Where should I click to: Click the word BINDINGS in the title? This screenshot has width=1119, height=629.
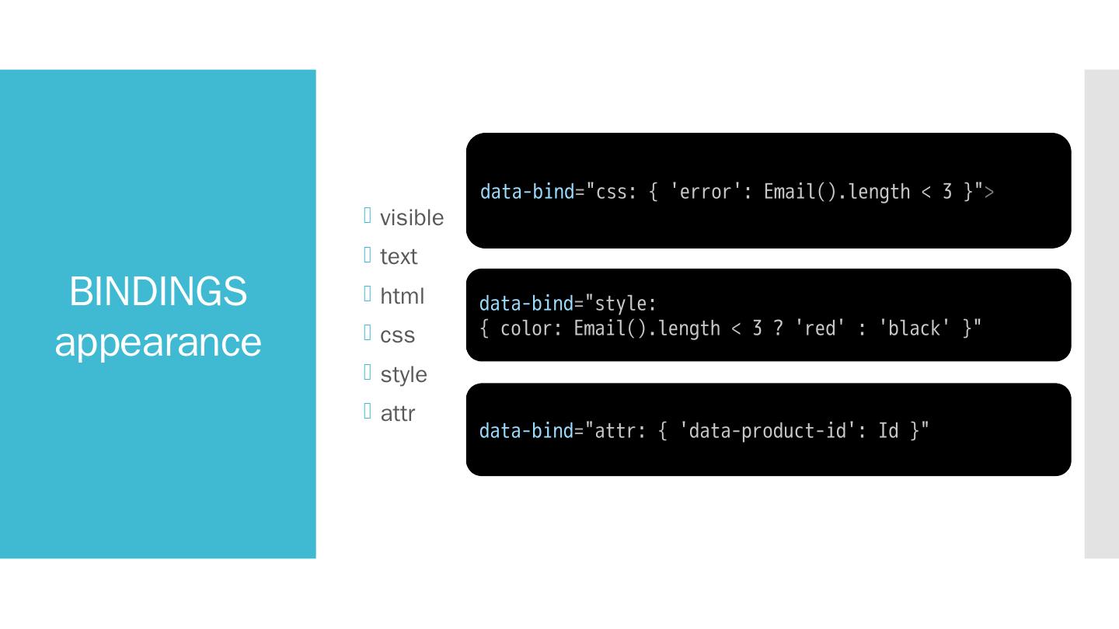point(158,291)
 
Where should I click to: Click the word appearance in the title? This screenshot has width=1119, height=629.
point(158,342)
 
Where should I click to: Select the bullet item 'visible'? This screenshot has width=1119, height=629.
point(412,218)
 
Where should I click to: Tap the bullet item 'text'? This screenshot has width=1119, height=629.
point(399,257)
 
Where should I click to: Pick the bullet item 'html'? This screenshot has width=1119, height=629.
point(403,296)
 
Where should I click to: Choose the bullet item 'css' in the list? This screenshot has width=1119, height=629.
point(398,335)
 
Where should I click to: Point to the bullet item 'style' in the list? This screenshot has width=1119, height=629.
point(403,374)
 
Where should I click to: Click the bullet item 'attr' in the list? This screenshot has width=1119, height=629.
point(398,414)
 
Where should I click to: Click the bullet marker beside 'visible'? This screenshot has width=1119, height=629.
point(368,215)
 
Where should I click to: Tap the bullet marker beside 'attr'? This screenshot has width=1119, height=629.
point(368,411)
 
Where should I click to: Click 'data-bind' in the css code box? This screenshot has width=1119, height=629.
point(527,192)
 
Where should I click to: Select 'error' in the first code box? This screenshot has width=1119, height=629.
point(706,192)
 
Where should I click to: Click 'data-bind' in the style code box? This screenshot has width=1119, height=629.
point(526,304)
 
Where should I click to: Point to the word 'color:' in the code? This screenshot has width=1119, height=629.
point(532,329)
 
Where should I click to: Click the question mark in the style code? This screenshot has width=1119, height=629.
point(778,329)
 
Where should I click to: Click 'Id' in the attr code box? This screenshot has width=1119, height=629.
point(888,431)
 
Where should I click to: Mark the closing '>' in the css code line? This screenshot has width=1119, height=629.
point(988,192)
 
